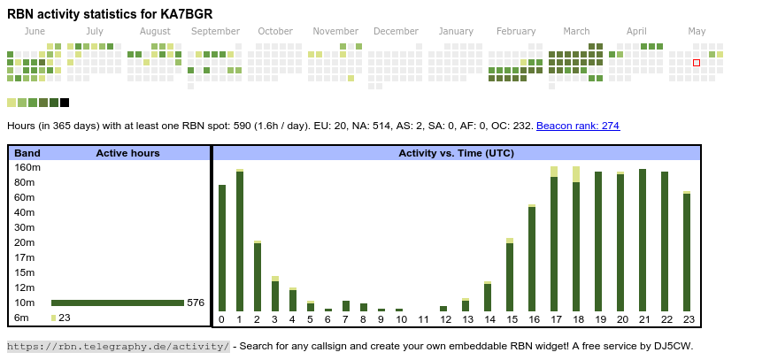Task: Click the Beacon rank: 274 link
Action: pos(577,126)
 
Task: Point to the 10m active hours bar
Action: pos(117,303)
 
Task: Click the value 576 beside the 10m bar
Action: pos(196,303)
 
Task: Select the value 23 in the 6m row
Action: pos(65,318)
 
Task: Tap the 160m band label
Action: pos(27,167)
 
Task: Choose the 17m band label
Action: pos(25,257)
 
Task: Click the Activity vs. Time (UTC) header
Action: pos(456,153)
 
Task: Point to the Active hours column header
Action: pos(127,153)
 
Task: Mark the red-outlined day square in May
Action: pos(697,63)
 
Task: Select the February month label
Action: pos(516,31)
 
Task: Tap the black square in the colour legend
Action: pos(65,103)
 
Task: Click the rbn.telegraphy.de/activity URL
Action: pos(118,346)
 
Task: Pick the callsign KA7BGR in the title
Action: pos(183,14)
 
